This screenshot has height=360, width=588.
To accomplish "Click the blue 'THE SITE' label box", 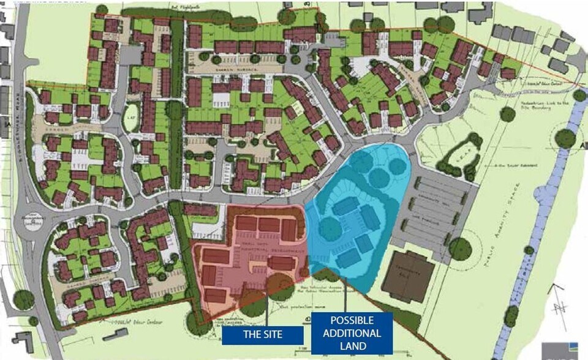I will [x=262, y=334].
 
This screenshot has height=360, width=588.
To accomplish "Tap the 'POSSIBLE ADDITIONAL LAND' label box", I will [x=352, y=333].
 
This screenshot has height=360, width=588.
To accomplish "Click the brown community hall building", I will [x=407, y=276].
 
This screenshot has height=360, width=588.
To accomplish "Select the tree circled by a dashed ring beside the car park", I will [x=460, y=248].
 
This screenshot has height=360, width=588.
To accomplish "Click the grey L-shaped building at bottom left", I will [x=23, y=342].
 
